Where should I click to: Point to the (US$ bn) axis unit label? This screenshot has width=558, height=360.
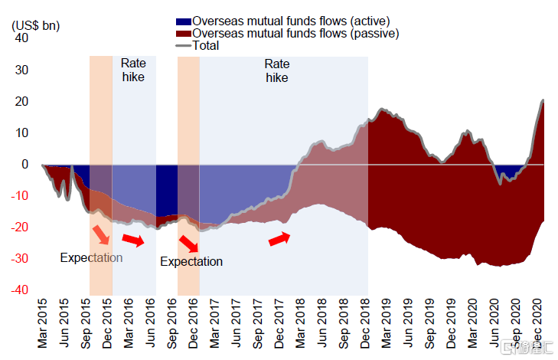[x=35, y=25]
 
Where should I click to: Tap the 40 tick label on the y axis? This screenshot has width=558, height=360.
[x=21, y=38]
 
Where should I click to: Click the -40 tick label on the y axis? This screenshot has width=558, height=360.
[x=19, y=290]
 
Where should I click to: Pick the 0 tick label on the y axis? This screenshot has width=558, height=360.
[x=24, y=164]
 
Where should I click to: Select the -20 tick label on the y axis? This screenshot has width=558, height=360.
[x=19, y=227]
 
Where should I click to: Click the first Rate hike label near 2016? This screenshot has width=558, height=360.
[x=133, y=70]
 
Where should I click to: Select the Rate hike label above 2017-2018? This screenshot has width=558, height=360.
[x=277, y=70]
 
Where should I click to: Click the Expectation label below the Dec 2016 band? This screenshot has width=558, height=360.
[x=191, y=262]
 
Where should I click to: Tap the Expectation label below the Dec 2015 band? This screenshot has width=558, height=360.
[x=91, y=257]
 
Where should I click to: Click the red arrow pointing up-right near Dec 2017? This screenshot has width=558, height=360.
[x=279, y=240]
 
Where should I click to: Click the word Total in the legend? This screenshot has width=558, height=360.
[x=206, y=45]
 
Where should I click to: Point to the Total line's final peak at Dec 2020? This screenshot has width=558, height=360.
[x=543, y=100]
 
